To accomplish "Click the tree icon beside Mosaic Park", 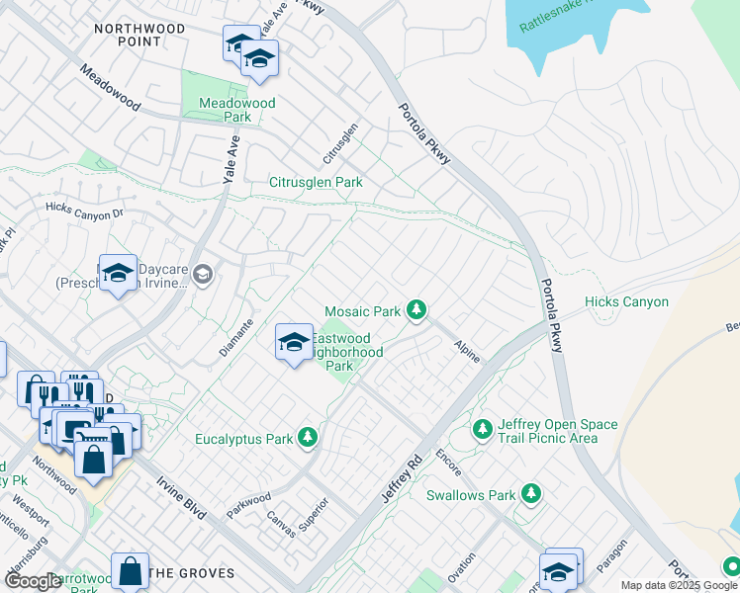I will click(x=417, y=311).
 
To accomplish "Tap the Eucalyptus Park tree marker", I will click(x=309, y=437).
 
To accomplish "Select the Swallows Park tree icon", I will click(x=532, y=493).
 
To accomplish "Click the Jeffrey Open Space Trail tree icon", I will click(x=482, y=429).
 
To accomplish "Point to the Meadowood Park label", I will click(x=237, y=110).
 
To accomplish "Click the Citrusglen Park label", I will click(x=316, y=182).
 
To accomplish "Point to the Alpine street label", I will click(x=466, y=351).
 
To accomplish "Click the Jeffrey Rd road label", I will click(x=402, y=475).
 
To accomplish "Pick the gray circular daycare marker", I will click(x=204, y=274).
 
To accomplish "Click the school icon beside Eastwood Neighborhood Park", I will click(x=294, y=342).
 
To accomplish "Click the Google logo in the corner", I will click(x=33, y=581).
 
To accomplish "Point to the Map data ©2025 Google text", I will click(x=679, y=585).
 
